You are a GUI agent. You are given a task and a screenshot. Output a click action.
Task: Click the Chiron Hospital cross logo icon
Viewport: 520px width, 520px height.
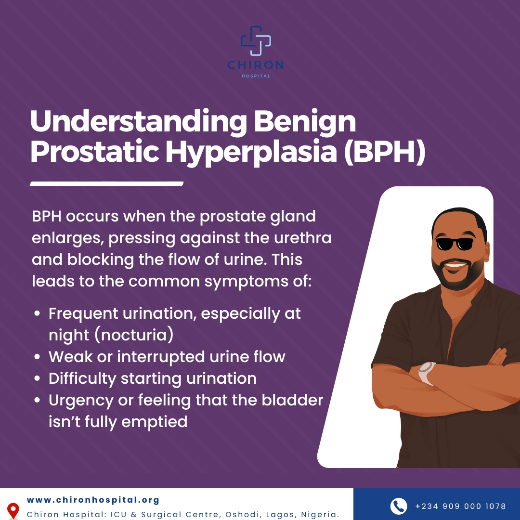(256, 40)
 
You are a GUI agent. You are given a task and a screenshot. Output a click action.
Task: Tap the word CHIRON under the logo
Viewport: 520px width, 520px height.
(256, 65)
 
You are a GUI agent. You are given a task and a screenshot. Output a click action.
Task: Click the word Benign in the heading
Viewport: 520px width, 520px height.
(305, 122)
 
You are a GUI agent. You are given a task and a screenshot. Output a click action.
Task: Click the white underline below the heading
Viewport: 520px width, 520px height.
(106, 183)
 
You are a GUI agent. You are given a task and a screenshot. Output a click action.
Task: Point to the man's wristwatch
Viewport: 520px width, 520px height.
(427, 373)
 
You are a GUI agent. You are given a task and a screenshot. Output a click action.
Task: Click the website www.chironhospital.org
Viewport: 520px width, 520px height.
(93, 500)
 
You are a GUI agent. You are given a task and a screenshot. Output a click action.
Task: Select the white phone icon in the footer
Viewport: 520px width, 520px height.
(399, 506)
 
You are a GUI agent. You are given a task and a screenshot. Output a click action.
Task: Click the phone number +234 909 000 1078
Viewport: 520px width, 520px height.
(460, 507)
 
